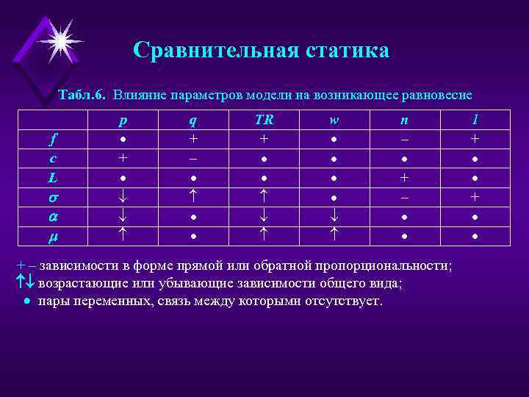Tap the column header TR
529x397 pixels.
click(263, 118)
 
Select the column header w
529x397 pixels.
click(333, 118)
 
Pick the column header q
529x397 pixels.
click(192, 118)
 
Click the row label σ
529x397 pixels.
click(53, 198)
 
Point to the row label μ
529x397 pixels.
click(53, 237)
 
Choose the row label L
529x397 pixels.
click(53, 178)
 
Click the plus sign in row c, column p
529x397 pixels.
click(123, 158)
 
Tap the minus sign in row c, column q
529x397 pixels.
click(192, 158)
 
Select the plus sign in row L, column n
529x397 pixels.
click(403, 178)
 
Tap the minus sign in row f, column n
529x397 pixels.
click(403, 138)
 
